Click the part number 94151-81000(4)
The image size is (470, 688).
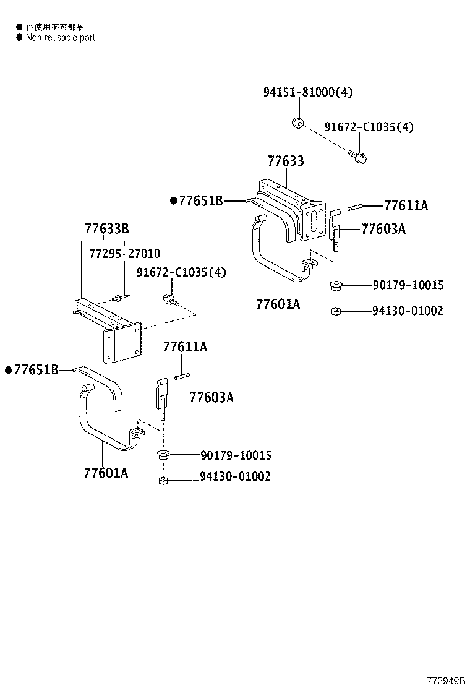308,92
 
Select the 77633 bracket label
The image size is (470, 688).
286,161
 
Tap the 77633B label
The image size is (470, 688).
107,229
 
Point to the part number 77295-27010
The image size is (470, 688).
125,254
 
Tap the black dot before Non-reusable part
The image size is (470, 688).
19,38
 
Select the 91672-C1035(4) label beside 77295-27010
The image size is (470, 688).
181,272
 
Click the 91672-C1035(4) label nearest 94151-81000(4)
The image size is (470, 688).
369,127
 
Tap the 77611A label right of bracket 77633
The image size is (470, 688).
406,206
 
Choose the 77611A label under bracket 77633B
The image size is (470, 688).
185,347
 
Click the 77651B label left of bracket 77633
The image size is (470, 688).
200,200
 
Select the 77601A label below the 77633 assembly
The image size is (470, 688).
278,304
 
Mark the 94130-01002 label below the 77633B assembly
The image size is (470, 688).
234,477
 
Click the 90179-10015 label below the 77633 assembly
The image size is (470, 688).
408,285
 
